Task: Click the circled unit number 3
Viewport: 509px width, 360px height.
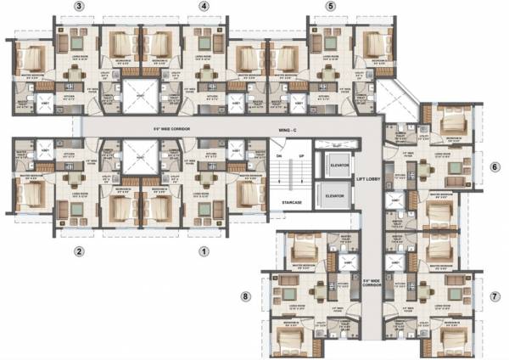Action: point(79,8)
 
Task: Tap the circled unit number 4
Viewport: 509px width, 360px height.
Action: point(204,8)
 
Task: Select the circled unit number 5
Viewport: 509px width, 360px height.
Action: point(332,8)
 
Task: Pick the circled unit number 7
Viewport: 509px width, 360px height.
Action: point(495,296)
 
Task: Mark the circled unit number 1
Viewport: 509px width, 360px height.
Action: point(204,251)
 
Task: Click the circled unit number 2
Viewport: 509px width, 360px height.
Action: point(79,251)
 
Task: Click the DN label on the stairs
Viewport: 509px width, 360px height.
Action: point(277,156)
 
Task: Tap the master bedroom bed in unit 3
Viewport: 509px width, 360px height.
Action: point(31,59)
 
